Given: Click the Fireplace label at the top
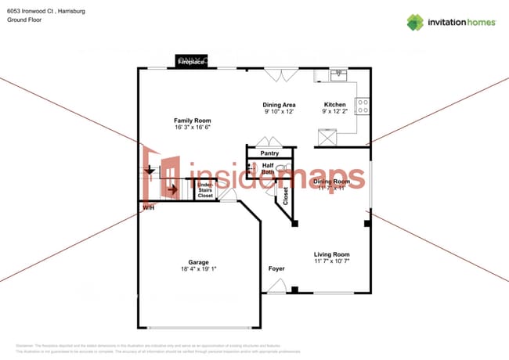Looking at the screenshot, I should pyautogui.click(x=192, y=60).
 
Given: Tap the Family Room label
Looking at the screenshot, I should pyautogui.click(x=193, y=120).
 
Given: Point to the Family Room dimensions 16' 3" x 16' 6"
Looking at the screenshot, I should pyautogui.click(x=193, y=127).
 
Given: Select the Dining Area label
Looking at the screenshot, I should pyautogui.click(x=278, y=104).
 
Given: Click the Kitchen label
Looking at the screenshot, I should pyautogui.click(x=335, y=104).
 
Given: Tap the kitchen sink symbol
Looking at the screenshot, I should pyautogui.click(x=338, y=75).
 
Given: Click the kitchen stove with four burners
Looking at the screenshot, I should pyautogui.click(x=363, y=106).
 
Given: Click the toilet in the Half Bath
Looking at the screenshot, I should pyautogui.click(x=282, y=168).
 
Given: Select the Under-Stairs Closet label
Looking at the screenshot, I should pyautogui.click(x=204, y=189).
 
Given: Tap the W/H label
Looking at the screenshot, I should pyautogui.click(x=148, y=207).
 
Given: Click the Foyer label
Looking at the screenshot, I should pyautogui.click(x=276, y=268).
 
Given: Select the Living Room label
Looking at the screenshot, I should pyautogui.click(x=331, y=254).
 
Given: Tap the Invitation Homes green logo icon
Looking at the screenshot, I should pyautogui.click(x=417, y=22).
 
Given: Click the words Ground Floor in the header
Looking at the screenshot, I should pyautogui.click(x=24, y=20).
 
